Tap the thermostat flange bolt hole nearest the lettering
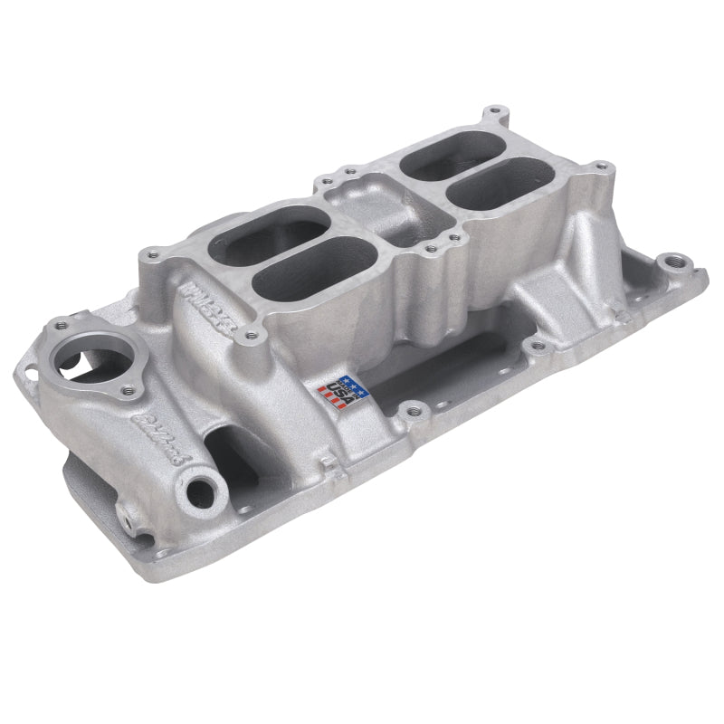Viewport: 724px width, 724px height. point(128,390)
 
